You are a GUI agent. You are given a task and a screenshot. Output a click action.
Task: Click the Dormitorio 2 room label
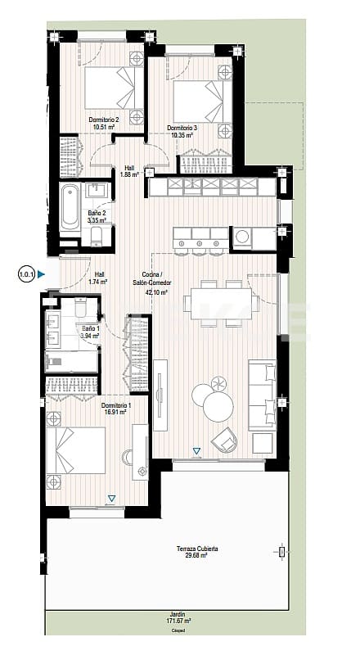105,120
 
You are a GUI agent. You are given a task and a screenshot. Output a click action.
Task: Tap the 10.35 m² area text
180,135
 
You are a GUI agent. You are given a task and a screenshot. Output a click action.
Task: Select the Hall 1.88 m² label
129,169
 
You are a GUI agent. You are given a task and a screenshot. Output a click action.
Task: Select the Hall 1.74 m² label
99,278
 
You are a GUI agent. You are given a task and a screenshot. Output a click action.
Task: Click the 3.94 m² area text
89,336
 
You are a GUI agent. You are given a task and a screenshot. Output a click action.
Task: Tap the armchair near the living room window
225,440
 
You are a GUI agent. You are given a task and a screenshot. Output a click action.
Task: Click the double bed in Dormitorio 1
79,454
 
